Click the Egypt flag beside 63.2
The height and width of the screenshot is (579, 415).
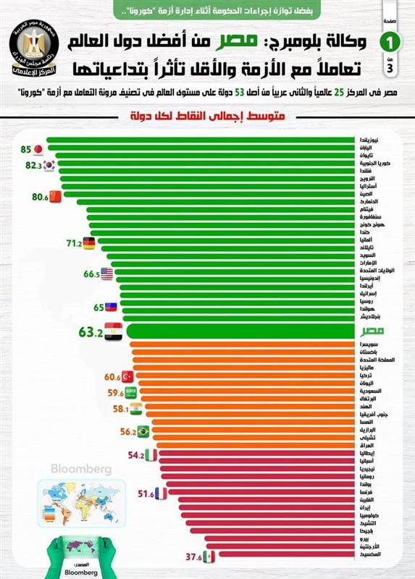pos(114,332)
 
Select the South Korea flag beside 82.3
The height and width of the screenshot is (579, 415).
pos(49,165)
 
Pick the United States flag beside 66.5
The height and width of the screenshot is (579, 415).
pos(106,274)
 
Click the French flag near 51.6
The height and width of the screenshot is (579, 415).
pos(161,494)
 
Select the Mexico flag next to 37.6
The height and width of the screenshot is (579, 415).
pos(209,557)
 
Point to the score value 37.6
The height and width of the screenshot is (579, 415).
pos(192,557)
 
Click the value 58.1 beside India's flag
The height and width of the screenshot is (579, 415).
pos(119,409)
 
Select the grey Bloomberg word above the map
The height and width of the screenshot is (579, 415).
pos(81,469)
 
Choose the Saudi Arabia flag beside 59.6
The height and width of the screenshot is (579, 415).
pos(131,392)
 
